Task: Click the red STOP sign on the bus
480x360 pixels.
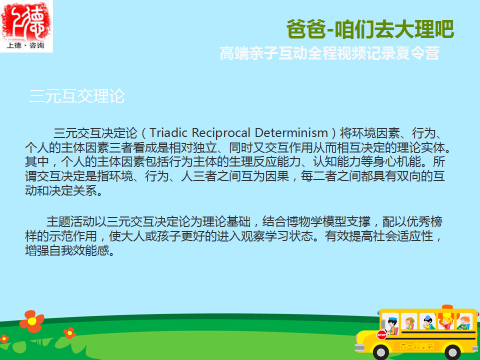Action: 381,335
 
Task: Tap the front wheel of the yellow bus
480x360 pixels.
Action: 381,352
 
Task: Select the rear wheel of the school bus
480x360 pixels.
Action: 453,352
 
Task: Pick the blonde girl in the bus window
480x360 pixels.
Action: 445,322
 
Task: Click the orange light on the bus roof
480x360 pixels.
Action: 447,306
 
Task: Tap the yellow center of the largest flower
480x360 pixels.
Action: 32,321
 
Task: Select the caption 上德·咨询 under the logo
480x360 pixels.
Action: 25,45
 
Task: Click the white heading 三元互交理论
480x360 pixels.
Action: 77,96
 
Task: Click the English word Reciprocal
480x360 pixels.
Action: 221,133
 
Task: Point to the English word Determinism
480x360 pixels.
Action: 291,133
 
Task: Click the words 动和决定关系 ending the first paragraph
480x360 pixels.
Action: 61,191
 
